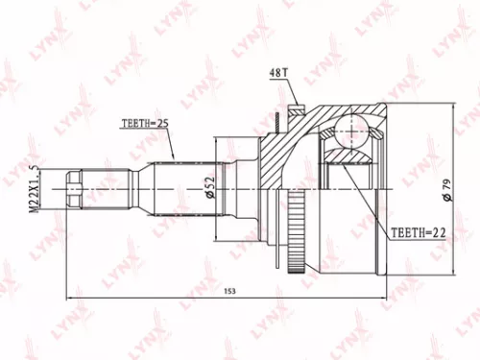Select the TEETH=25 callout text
(145, 123)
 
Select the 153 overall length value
(229, 291)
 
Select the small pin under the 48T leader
(277, 119)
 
